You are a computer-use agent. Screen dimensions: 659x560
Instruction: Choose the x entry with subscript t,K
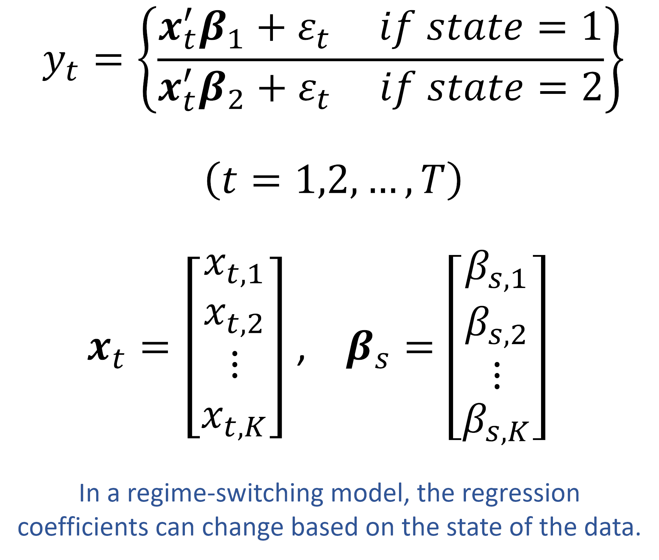pyautogui.click(x=233, y=422)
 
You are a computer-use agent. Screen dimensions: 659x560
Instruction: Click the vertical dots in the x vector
pyautogui.click(x=235, y=364)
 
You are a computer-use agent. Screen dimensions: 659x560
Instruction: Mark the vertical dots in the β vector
pyautogui.click(x=497, y=375)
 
